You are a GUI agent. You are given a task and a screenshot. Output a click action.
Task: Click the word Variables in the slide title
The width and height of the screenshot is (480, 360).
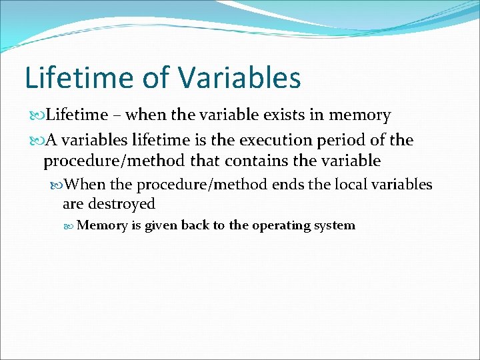(239, 77)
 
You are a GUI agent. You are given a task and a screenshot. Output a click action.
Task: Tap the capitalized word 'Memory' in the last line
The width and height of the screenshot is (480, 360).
(102, 225)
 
